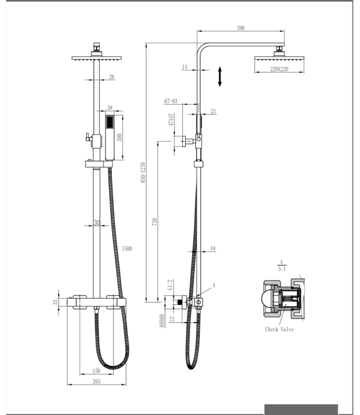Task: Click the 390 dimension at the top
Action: click(x=240, y=28)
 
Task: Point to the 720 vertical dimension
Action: click(x=155, y=221)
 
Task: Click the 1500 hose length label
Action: click(x=127, y=248)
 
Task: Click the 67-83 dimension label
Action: click(x=171, y=101)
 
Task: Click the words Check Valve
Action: click(x=279, y=329)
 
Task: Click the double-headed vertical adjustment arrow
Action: click(x=220, y=76)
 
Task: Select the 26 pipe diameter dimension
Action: click(x=112, y=77)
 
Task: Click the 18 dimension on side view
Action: click(x=213, y=249)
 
